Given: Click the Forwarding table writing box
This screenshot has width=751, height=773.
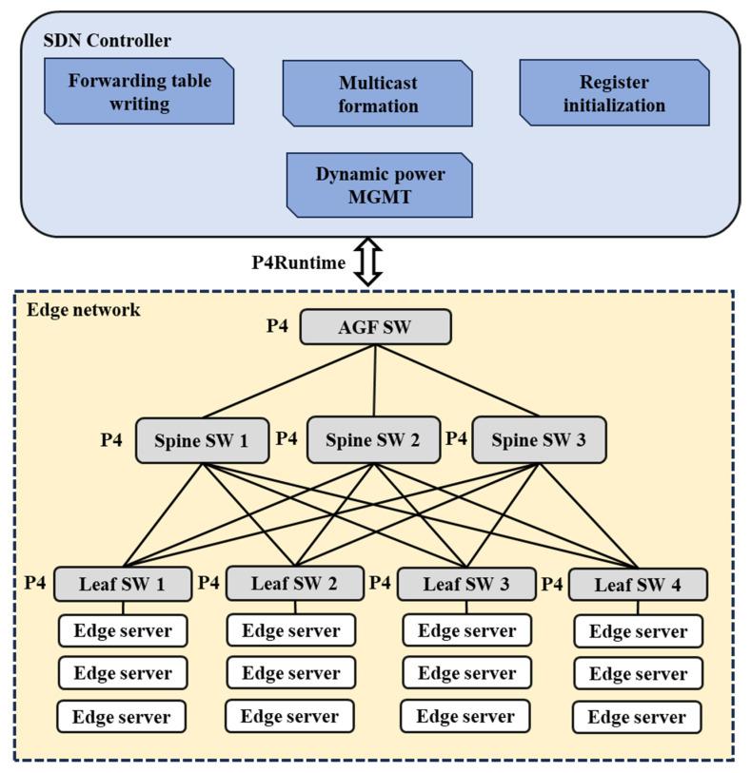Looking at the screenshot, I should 139,91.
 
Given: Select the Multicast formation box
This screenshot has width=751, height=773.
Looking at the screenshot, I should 378,93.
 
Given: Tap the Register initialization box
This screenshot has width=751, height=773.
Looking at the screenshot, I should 614,93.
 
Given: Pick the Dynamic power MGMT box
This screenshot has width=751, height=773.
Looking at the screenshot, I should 380,184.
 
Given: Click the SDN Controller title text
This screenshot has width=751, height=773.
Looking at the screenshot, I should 108,41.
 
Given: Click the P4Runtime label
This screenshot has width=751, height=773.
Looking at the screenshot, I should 298,263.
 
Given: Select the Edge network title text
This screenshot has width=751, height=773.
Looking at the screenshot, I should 83,310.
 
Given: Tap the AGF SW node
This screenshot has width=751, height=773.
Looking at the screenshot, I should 375,328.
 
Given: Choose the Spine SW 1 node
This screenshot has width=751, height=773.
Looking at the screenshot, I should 202,440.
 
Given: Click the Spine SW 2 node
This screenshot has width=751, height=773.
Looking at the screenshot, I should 373,440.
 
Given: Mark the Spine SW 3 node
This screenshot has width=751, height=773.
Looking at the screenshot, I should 539,440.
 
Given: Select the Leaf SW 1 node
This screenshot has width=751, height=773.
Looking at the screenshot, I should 123,585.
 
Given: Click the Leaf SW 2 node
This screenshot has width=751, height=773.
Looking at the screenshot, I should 294,583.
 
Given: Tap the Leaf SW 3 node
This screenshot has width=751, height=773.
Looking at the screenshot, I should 465,585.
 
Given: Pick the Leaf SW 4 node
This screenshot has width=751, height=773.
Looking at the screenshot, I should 638,585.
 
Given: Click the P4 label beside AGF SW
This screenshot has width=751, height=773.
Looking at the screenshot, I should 277,327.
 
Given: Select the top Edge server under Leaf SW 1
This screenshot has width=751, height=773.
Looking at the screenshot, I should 123,630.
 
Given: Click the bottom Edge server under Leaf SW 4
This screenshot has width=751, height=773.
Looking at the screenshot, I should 637,717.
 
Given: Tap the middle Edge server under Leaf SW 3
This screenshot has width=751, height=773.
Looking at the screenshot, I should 465,672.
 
